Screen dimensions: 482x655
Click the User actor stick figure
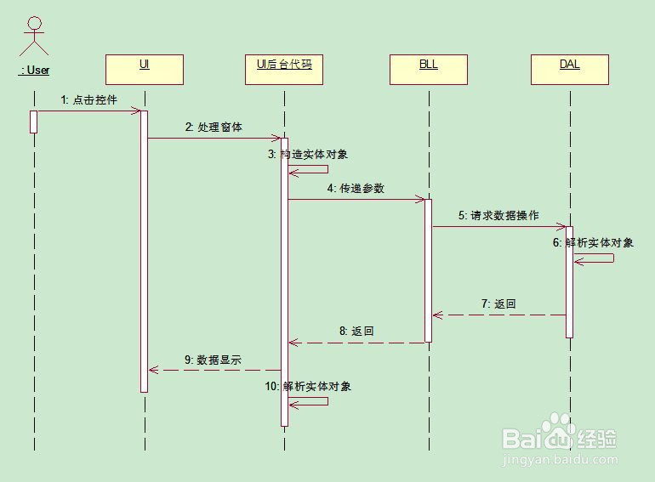click(x=34, y=38)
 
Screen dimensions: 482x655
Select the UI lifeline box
click(x=145, y=69)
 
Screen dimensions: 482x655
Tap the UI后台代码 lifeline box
click(x=284, y=69)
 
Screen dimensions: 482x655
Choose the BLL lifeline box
click(x=429, y=69)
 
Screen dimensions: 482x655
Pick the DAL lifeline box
click(x=570, y=69)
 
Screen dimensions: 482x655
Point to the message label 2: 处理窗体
click(x=214, y=128)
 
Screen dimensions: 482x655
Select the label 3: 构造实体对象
click(x=308, y=155)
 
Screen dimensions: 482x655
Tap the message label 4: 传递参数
click(x=356, y=189)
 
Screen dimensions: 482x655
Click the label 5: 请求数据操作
click(x=498, y=216)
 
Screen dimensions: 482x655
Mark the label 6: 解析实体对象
click(x=593, y=242)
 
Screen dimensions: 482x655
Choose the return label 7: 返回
click(x=498, y=303)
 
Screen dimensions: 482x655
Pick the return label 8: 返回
click(x=356, y=332)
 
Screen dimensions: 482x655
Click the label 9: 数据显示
click(x=213, y=360)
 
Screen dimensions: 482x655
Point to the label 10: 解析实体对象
click(x=308, y=386)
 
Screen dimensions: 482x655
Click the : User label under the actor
click(x=34, y=71)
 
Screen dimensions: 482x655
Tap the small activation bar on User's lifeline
click(x=34, y=122)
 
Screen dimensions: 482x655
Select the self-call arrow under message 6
click(x=595, y=258)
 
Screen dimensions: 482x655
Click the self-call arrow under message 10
click(x=310, y=400)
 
